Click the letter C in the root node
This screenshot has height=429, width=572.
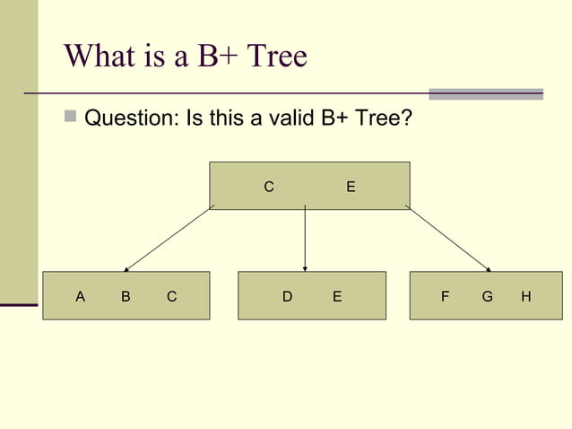tap(268, 187)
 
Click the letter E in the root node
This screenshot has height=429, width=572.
tap(351, 187)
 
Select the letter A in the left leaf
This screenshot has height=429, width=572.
tap(81, 295)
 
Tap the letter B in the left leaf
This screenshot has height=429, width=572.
tap(126, 295)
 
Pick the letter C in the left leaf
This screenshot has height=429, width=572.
tap(171, 295)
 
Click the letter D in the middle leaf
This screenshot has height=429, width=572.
tap(287, 295)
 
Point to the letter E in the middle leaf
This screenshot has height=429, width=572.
tap(337, 295)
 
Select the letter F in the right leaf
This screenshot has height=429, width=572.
tap(446, 295)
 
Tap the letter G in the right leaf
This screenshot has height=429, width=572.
tap(487, 295)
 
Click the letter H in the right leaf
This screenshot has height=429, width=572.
tap(526, 295)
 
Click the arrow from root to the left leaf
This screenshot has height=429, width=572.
tap(169, 238)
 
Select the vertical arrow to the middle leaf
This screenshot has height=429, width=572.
tap(306, 238)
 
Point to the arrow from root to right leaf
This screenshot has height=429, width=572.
tap(447, 238)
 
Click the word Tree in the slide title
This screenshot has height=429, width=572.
tap(275, 57)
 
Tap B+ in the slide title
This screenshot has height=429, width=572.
tap(216, 57)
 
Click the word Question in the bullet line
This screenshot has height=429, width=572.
tap(130, 118)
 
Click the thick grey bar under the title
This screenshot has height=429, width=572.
tap(485, 93)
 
